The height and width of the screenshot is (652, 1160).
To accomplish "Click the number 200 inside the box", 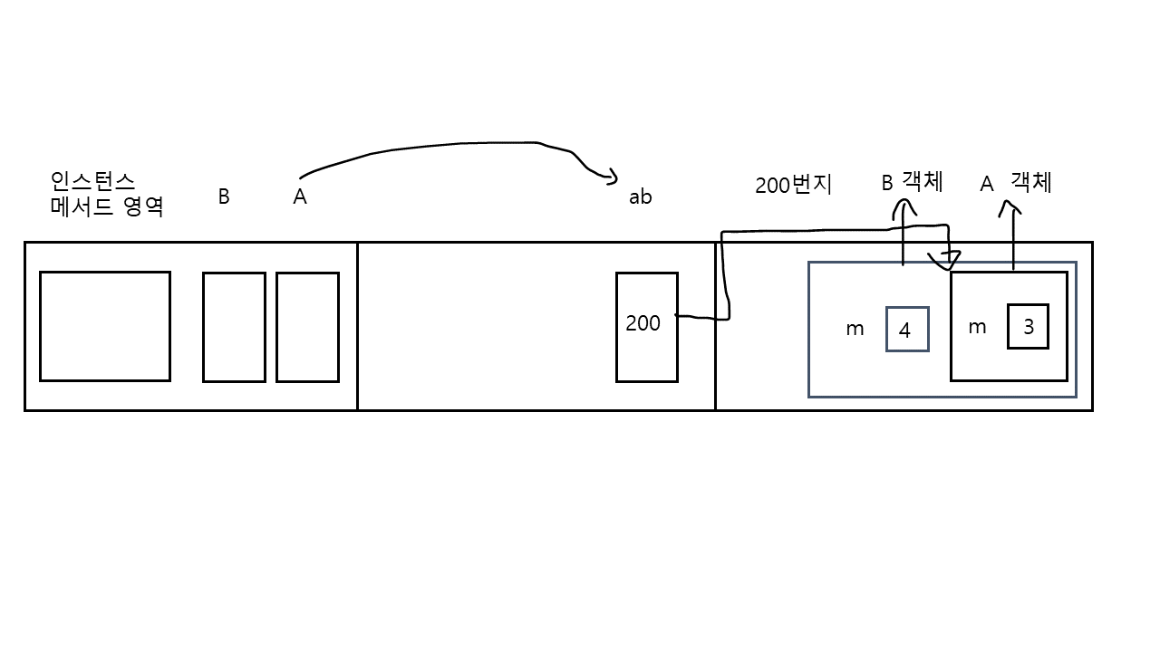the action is tap(643, 323).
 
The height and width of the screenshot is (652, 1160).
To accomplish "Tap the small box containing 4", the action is tap(906, 330).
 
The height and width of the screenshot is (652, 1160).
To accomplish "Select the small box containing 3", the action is tap(1028, 327).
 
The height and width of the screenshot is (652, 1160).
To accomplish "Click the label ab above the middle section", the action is tap(640, 197).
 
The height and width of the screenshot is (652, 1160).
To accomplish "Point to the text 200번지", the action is tap(793, 185).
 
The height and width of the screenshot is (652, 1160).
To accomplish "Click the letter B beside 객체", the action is tap(887, 184).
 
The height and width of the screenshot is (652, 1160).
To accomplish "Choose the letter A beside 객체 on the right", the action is tap(987, 185).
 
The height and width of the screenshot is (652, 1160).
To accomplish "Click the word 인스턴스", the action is tap(93, 180).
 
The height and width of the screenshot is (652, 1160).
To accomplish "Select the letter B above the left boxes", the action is tap(223, 197).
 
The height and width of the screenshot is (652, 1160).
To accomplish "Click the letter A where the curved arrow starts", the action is tap(299, 197).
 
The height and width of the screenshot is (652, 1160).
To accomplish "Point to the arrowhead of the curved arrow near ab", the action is tap(613, 177).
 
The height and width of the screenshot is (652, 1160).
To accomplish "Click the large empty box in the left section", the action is tap(105, 326).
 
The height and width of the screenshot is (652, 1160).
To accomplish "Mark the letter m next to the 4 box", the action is tap(855, 330).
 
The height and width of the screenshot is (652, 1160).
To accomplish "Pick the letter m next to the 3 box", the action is tap(977, 328).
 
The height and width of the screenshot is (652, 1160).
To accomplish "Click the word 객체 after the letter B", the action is tap(923, 181).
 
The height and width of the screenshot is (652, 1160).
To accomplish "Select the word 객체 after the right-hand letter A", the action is tap(1031, 182).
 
